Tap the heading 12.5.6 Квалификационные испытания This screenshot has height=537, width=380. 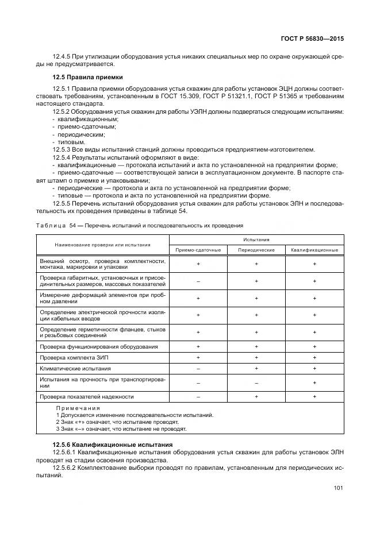click(112, 445)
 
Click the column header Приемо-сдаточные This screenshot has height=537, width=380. click(198, 250)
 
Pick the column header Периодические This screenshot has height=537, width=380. click(256, 250)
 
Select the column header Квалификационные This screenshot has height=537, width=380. click(314, 250)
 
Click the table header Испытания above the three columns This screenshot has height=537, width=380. click(256, 239)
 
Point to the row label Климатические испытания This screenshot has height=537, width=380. click(75, 368)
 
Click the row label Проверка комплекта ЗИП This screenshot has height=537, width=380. click(74, 357)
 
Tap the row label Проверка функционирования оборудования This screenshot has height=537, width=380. click(98, 347)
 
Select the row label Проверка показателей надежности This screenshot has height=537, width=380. click(87, 396)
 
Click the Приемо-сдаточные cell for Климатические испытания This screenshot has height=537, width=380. click(198, 368)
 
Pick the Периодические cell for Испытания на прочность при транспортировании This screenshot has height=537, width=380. click(256, 383)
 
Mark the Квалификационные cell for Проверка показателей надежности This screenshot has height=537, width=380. click(314, 396)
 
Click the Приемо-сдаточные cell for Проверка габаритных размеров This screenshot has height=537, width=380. click(198, 281)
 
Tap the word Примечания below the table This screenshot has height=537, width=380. click(78, 408)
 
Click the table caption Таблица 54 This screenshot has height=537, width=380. click(51, 225)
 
